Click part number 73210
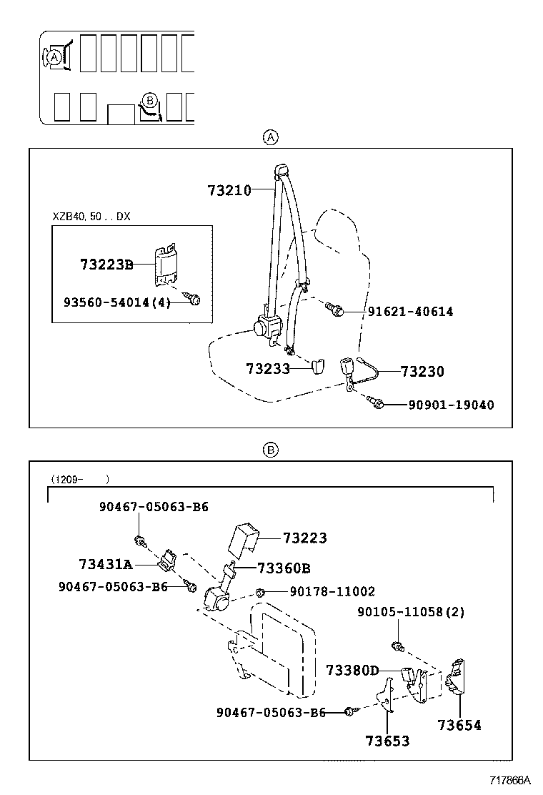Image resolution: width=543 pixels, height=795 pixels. (229, 190)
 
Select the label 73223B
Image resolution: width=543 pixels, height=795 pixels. (106, 265)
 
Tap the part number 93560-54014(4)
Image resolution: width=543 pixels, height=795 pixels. (117, 302)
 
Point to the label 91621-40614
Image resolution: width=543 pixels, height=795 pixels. (410, 312)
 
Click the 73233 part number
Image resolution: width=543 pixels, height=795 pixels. (267, 369)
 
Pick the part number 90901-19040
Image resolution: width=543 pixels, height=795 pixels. (450, 405)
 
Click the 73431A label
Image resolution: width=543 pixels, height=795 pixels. (105, 565)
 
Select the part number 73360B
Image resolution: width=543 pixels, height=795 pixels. (284, 568)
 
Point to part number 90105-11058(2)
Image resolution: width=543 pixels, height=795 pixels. (411, 613)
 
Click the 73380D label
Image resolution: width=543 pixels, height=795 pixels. (352, 670)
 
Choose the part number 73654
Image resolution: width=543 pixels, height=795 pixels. (459, 725)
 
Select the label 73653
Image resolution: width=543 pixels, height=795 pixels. (387, 741)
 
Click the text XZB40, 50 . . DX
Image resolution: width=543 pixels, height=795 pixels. (91, 216)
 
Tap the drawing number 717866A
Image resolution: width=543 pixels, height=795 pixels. (510, 779)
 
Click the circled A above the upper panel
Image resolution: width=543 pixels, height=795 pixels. (271, 137)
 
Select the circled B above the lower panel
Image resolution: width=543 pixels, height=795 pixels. (271, 450)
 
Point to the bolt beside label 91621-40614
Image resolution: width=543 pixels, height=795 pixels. (334, 309)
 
